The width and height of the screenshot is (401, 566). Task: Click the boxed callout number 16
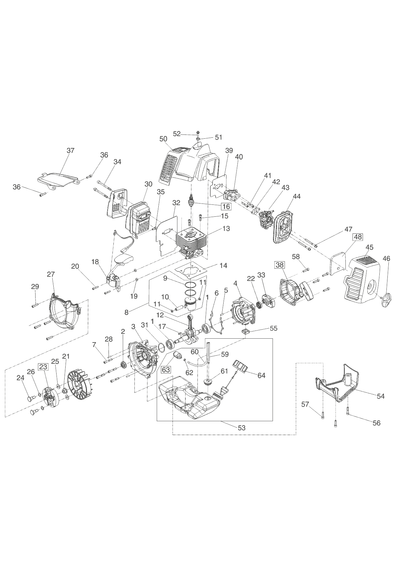point(226,206)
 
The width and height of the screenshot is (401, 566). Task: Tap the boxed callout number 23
point(43,367)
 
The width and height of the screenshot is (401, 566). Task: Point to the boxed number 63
point(166,370)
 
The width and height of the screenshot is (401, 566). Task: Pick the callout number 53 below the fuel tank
point(241,428)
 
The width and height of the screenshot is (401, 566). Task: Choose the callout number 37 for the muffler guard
point(70,150)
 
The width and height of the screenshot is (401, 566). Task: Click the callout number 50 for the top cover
point(164,139)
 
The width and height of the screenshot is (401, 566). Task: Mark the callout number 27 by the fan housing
point(51,274)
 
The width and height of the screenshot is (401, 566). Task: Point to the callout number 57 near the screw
point(305,404)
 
